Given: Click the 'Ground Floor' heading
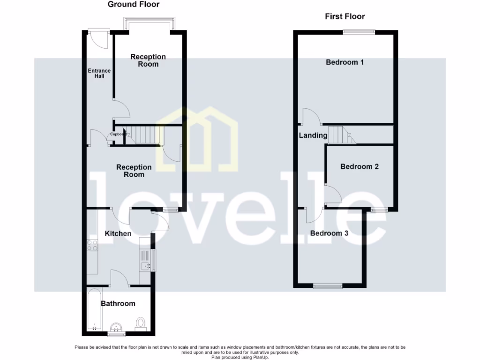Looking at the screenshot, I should click(134, 5).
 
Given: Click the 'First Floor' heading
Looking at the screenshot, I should click(345, 16).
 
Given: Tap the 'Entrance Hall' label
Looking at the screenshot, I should click(99, 74).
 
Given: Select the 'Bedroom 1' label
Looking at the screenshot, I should click(345, 62).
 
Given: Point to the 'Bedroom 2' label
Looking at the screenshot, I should click(360, 167).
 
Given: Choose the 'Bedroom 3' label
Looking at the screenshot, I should click(329, 233).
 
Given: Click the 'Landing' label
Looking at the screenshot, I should click(313, 135).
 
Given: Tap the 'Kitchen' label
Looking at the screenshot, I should click(118, 233).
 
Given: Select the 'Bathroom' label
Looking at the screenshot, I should click(118, 304).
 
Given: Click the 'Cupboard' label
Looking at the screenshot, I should click(118, 135).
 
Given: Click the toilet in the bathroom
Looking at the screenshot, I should click(140, 323).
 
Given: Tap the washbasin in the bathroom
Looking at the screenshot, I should click(115, 327).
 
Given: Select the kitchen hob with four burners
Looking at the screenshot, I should click(92, 245).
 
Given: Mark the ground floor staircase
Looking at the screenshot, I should click(145, 135).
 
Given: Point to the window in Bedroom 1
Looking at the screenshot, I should click(359, 32).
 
